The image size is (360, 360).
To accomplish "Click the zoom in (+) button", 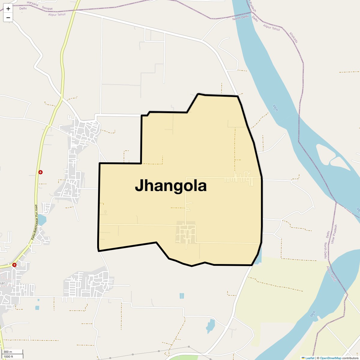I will point(8,9).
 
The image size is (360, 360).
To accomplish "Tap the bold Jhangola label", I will point(171,186).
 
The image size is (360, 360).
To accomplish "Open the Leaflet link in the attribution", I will point(310,358).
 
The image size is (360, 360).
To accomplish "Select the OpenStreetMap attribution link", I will point(330,358).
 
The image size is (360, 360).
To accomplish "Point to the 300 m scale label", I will point(8,352).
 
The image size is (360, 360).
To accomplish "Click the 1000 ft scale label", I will point(8,356).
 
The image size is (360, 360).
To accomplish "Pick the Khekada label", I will point(294,37).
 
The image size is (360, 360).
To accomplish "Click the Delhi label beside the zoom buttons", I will point(23,8).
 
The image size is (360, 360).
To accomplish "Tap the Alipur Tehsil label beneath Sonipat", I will point(57,14).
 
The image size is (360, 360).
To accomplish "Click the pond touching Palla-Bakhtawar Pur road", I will point(42,220).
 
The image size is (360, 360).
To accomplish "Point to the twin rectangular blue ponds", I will point(181,296).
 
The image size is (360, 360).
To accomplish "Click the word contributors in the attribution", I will point(350,358).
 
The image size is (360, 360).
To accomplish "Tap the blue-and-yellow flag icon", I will point(303,358).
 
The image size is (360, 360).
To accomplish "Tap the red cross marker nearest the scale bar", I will point(14,265).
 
